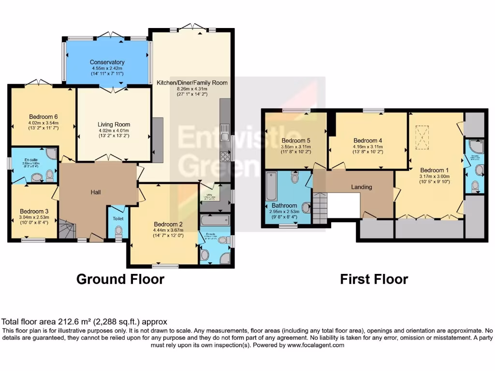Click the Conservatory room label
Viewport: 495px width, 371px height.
tap(107, 62)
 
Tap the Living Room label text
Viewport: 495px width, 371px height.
tap(114, 125)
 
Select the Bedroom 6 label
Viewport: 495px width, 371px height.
tap(44, 117)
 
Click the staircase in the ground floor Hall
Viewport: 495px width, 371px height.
tap(67, 229)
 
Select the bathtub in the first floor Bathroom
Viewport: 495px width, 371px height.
tap(271, 186)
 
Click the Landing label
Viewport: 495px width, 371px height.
tap(362, 187)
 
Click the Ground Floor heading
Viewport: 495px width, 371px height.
tap(120, 279)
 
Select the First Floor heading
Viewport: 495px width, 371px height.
tap(374, 279)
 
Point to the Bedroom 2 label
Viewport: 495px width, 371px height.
tap(168, 224)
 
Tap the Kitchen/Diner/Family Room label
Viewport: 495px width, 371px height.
tap(192, 83)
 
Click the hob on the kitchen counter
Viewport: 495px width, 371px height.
tap(225, 157)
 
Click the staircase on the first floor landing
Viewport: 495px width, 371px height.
tap(320, 208)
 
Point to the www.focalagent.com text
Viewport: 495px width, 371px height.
tap(317, 345)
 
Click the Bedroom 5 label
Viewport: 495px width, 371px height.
tap(296, 141)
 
